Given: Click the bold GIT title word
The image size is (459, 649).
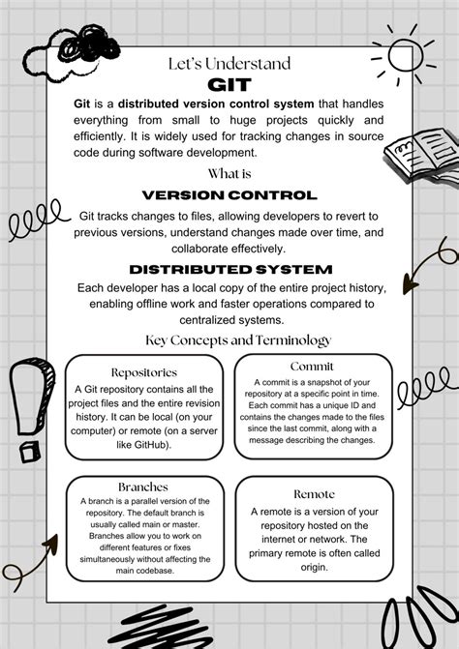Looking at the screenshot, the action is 229,84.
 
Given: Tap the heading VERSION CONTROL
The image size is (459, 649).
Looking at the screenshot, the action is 229,194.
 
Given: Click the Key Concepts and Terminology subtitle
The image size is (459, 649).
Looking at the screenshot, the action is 238,339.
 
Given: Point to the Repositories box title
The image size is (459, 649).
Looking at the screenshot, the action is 144,371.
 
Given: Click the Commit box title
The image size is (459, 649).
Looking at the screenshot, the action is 312,366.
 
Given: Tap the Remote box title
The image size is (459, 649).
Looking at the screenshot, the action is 314,493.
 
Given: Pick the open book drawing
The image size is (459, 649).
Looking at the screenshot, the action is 417,155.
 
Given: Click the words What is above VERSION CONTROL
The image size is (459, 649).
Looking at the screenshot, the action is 229,174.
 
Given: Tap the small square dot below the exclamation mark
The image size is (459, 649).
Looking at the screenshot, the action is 29,451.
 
